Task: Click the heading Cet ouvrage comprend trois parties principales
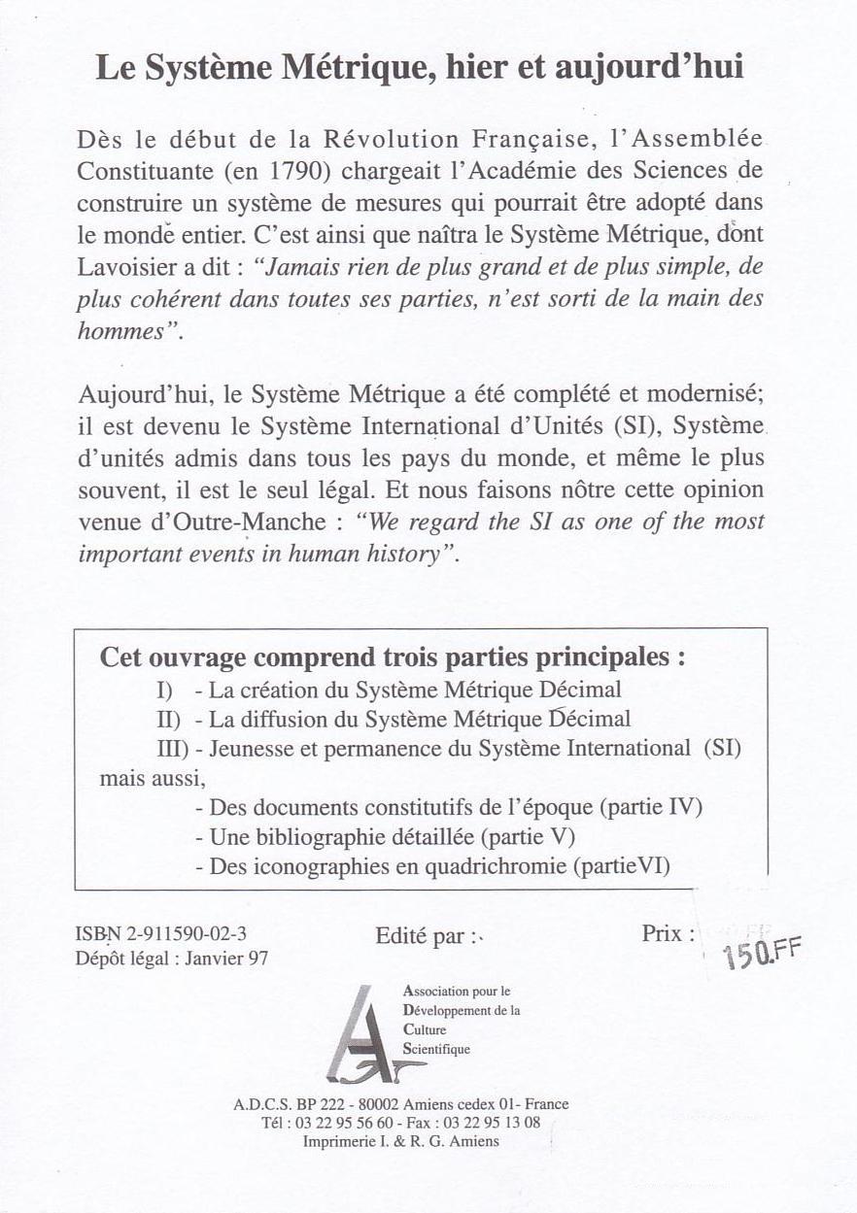pyautogui.click(x=393, y=657)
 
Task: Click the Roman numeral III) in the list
pyautogui.click(x=172, y=749)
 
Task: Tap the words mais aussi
pyautogui.click(x=153, y=778)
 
